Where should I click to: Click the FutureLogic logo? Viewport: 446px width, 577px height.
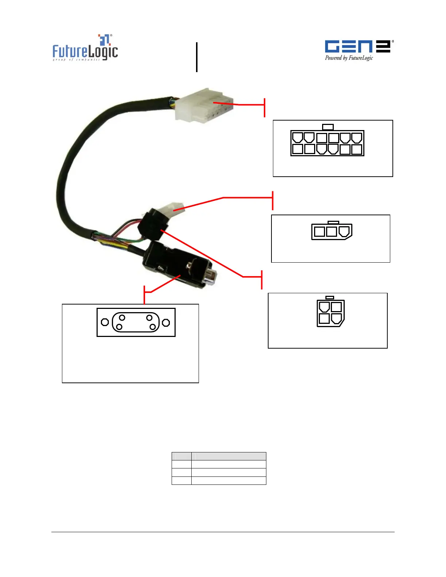click(x=85, y=48)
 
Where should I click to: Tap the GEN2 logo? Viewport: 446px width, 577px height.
click(x=357, y=46)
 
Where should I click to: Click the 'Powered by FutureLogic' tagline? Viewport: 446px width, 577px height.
click(x=349, y=58)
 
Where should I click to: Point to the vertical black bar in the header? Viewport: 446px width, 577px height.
click(x=197, y=57)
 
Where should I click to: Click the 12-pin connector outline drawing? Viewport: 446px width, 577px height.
click(x=327, y=143)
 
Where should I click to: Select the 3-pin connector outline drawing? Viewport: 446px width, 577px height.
click(x=332, y=231)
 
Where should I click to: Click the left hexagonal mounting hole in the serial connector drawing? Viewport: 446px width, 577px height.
click(x=105, y=322)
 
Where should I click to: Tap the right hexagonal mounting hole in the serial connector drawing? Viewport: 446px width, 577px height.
click(x=166, y=322)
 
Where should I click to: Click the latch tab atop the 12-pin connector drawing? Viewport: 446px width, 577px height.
click(x=328, y=127)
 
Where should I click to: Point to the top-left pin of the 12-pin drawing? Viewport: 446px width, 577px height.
click(x=298, y=138)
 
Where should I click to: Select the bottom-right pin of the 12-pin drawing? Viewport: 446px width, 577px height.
click(x=357, y=149)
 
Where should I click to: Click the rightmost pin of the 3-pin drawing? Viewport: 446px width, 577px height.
click(x=344, y=231)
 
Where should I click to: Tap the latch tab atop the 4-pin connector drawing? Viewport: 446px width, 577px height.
click(x=330, y=298)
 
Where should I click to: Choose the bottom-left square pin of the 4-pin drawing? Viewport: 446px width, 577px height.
click(x=324, y=319)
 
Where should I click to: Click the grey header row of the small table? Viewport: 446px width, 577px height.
click(x=219, y=456)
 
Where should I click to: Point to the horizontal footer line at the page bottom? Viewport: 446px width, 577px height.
click(x=223, y=532)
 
